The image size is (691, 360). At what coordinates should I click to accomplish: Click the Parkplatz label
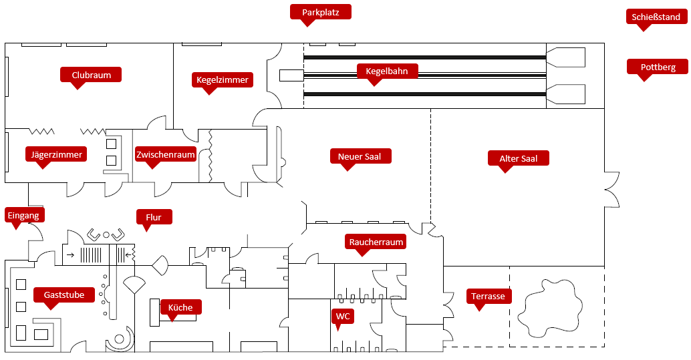coord(321,12)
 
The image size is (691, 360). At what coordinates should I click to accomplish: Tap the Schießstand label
coord(657,17)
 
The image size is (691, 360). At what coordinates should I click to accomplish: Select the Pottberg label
coord(658,67)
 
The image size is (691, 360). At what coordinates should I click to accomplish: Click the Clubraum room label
coord(92,75)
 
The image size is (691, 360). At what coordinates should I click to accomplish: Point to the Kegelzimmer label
coord(223,80)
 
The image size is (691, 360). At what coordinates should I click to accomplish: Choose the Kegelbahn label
coord(387,71)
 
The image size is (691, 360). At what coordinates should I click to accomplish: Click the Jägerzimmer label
coord(57,155)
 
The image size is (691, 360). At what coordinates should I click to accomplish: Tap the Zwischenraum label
coord(166,155)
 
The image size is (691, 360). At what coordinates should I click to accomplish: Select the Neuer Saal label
coord(360,156)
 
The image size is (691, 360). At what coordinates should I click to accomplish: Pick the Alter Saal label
coord(519,158)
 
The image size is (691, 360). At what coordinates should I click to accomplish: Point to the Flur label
coord(154,217)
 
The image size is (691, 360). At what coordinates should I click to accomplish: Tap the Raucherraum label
coord(376,242)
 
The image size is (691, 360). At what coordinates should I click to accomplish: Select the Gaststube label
coord(64,295)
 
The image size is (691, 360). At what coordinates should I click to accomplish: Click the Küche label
coord(180,307)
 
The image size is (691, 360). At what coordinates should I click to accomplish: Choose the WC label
coord(343,315)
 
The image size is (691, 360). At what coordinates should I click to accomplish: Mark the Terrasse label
coord(488,296)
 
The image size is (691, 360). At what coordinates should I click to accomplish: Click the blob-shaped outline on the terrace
coord(547,307)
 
